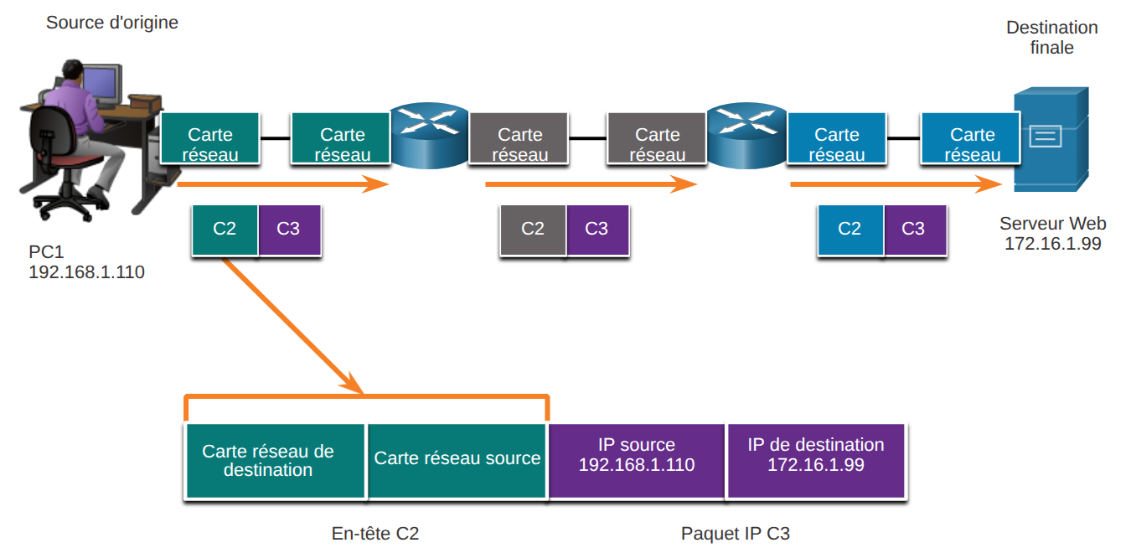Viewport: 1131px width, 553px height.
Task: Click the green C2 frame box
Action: (225, 230)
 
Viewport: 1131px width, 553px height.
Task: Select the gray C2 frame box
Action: (533, 230)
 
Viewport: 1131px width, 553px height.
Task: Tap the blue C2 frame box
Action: (850, 230)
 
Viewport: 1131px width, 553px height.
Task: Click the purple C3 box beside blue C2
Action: (915, 230)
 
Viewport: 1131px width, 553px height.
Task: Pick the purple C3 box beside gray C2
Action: (598, 230)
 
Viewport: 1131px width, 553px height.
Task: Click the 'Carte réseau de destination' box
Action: (275, 461)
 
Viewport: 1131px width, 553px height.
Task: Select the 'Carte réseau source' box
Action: (457, 461)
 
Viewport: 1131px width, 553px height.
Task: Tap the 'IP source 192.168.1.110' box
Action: (637, 461)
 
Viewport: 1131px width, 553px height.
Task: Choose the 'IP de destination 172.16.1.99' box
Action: (816, 461)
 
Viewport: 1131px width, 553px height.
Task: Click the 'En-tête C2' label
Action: (375, 533)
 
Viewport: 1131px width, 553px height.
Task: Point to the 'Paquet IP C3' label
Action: (736, 533)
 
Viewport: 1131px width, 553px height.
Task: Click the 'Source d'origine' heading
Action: (112, 23)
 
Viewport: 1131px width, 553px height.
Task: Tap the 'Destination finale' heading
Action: (1051, 38)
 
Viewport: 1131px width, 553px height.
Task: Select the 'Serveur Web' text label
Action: (1053, 223)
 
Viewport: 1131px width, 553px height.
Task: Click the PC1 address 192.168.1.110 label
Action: (86, 272)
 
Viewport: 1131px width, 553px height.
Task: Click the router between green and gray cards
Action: (430, 136)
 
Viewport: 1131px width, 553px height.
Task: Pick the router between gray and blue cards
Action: (746, 136)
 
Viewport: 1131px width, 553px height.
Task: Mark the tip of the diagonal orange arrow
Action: (363, 394)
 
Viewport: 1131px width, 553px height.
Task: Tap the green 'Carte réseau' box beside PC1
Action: (210, 138)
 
